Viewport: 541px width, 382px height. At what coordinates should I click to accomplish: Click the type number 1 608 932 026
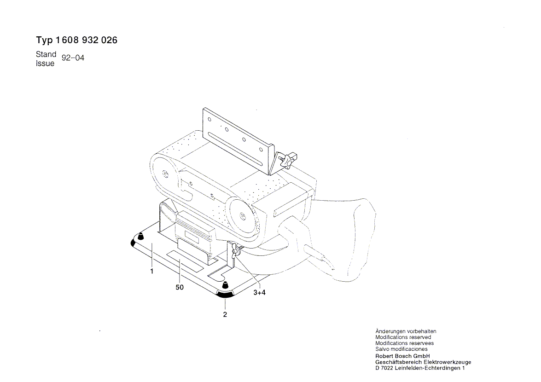tap(86, 41)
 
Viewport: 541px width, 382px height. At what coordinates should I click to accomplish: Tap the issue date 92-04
tap(73, 58)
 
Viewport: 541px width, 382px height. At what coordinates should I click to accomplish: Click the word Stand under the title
tap(46, 54)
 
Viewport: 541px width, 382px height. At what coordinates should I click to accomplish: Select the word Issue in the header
tap(45, 64)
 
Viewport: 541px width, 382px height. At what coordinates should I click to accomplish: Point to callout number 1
tap(152, 272)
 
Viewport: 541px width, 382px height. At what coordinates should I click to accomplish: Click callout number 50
tap(180, 287)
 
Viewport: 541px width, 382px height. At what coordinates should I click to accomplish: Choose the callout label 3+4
tap(260, 293)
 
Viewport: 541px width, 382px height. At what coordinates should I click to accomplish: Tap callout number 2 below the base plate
tap(225, 314)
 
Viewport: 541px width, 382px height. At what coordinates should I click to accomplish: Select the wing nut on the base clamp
tap(235, 249)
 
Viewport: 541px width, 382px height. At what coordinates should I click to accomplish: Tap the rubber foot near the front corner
tap(225, 285)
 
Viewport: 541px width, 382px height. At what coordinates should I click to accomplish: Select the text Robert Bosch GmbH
tap(403, 356)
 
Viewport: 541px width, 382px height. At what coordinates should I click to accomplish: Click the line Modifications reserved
tap(403, 337)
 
